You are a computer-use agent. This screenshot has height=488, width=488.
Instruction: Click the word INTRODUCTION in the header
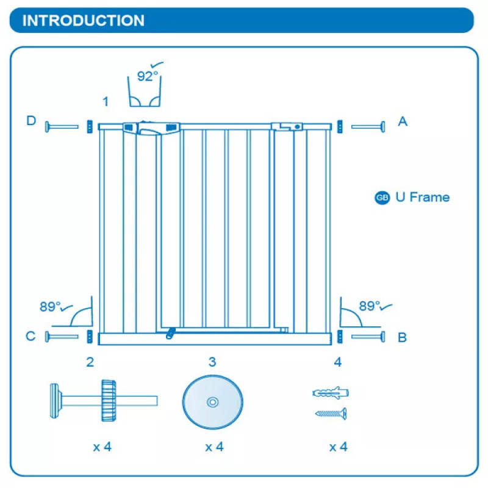84,20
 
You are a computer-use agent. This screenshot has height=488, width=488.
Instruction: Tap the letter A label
402,121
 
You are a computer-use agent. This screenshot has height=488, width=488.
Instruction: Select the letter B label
402,337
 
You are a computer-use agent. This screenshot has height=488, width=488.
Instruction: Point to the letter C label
30,336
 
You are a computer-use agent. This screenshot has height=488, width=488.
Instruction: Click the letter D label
31,121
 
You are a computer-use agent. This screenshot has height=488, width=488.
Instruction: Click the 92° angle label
147,76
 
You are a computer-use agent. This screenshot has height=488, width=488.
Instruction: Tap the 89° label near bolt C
51,307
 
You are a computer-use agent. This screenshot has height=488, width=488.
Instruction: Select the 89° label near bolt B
370,306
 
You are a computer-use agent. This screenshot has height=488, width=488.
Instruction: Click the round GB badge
382,198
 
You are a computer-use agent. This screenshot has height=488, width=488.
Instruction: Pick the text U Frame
422,197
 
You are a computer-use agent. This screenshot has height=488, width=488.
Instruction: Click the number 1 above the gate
106,101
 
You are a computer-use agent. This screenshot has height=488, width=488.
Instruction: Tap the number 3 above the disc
212,362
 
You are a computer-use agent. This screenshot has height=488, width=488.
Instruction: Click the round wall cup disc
212,402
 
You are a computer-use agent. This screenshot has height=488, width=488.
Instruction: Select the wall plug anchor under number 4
330,392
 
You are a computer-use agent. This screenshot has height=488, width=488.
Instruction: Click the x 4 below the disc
214,447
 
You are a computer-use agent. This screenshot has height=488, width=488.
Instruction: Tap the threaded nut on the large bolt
109,400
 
